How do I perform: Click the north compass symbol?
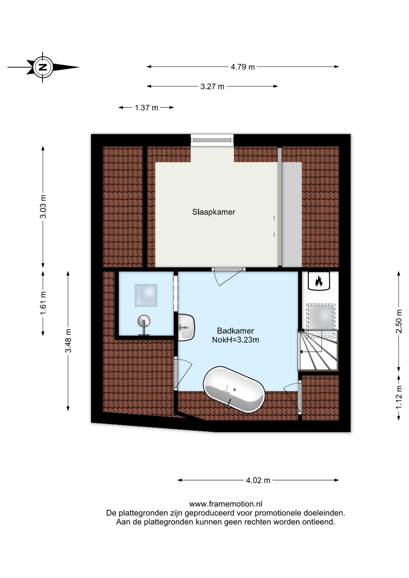click(x=43, y=67)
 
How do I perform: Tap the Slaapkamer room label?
click(x=214, y=212)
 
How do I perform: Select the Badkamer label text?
click(x=236, y=331)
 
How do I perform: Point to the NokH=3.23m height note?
click(x=236, y=340)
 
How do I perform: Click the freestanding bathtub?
click(x=234, y=389)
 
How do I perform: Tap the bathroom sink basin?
click(x=186, y=327)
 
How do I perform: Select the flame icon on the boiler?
click(x=319, y=281)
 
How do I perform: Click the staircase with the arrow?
click(x=318, y=350)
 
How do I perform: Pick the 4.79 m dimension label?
click(x=243, y=67)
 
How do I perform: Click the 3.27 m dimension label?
click(x=212, y=87)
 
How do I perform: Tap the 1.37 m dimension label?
click(x=146, y=108)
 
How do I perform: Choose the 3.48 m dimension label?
click(x=68, y=340)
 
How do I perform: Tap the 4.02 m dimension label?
click(x=258, y=480)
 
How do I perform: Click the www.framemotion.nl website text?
click(x=226, y=504)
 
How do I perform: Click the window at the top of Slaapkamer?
click(x=212, y=140)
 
